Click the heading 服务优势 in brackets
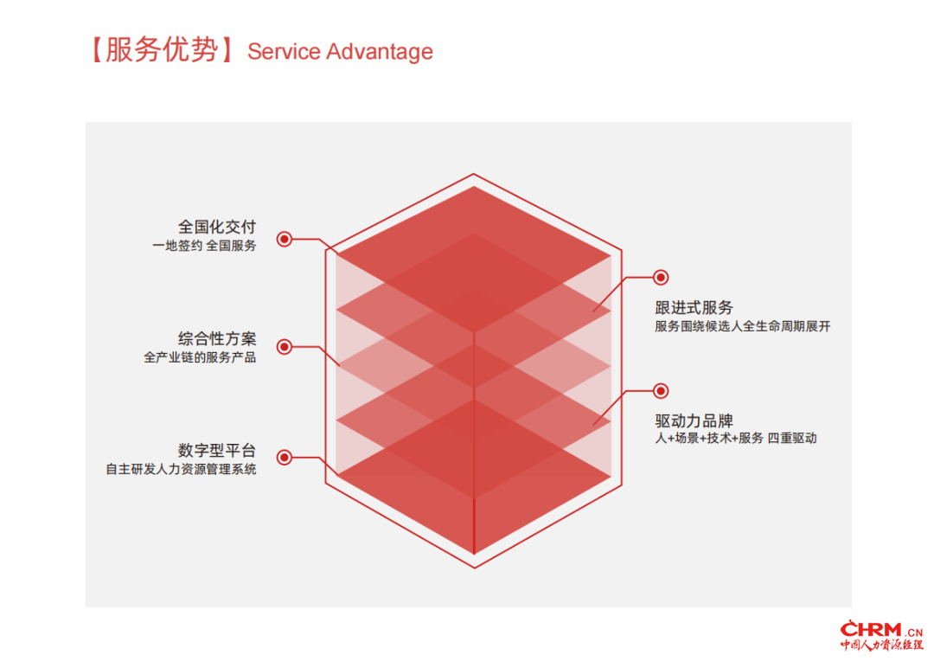tap(162, 49)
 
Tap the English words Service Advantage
tap(340, 52)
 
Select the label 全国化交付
tap(217, 227)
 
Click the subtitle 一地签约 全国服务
tap(204, 246)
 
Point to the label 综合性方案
tap(217, 338)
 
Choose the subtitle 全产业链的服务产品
tap(200, 357)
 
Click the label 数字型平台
tap(217, 450)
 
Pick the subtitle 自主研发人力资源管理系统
tap(181, 469)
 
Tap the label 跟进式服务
tap(694, 307)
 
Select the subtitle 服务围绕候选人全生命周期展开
tap(743, 326)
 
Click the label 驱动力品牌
tap(694, 420)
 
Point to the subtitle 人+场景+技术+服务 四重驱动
tap(736, 438)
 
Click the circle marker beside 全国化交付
tap(285, 239)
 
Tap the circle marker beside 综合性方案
tap(285, 347)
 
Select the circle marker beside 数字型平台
tap(285, 457)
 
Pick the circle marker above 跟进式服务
tap(661, 277)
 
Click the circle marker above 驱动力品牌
tap(661, 391)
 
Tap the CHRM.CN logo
tap(881, 635)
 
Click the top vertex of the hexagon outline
tap(474, 174)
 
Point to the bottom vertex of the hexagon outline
tap(475, 568)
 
